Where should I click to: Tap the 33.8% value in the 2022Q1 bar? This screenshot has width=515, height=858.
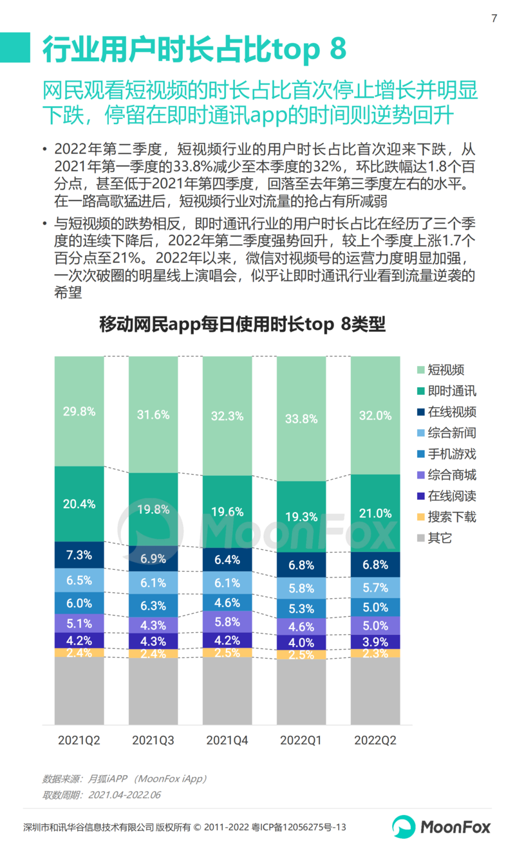(x=301, y=419)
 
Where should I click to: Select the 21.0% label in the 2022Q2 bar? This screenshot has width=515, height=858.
(x=375, y=513)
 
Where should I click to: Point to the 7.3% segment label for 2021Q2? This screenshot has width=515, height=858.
(x=79, y=554)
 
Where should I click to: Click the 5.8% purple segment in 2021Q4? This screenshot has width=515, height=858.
(x=227, y=622)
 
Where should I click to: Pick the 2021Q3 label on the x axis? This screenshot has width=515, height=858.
(x=153, y=740)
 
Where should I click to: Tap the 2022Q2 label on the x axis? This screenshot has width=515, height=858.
(x=375, y=740)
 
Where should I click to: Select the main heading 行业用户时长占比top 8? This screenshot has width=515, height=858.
(x=194, y=49)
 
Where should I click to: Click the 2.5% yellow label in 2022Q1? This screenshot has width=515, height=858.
(x=301, y=655)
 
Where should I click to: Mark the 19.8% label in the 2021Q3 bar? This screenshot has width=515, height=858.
(x=153, y=509)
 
